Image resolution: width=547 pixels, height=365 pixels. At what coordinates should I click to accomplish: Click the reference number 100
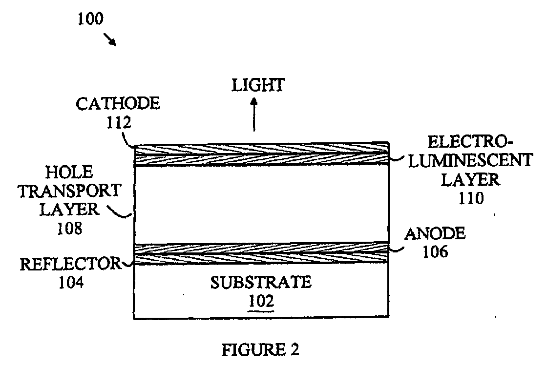pyautogui.click(x=90, y=19)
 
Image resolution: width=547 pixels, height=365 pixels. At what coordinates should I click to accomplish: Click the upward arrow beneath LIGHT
pyautogui.click(x=254, y=115)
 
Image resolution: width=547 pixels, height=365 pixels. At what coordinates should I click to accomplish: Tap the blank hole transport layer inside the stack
pyautogui.click(x=261, y=205)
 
